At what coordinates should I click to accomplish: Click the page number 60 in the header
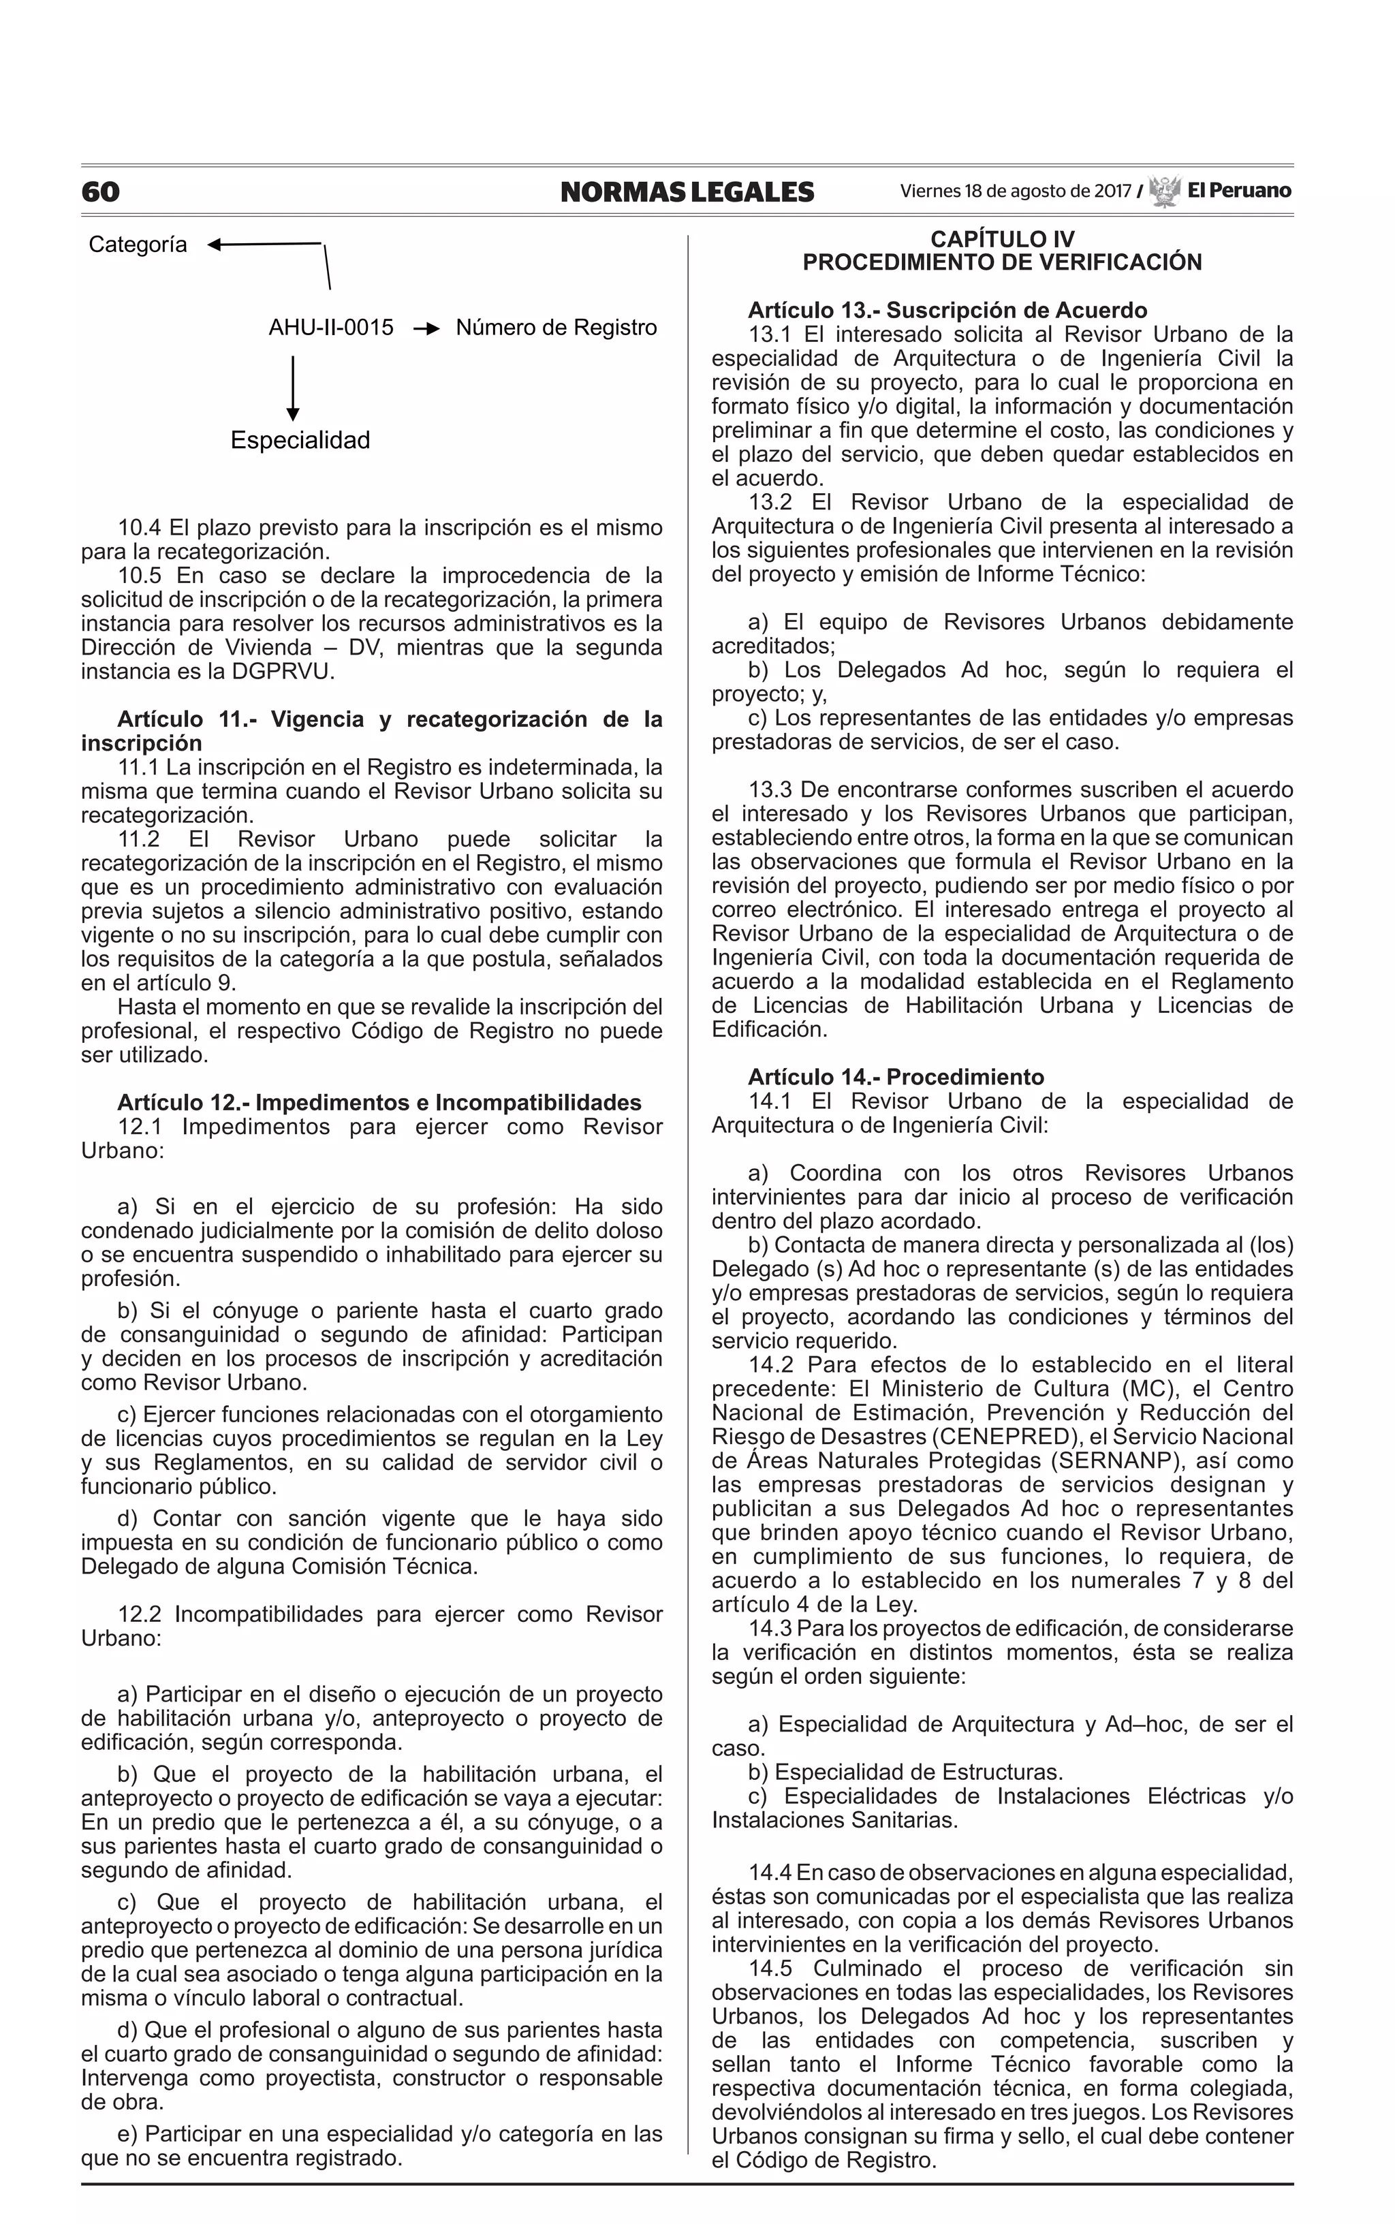[x=101, y=192]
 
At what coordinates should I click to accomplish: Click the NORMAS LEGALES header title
[x=687, y=192]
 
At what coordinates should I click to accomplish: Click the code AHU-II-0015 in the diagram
[x=330, y=328]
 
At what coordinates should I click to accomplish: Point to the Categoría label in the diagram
[x=138, y=245]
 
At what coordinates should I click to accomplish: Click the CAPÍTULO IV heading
[x=1002, y=240]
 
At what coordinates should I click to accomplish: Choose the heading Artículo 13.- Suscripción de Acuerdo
[x=947, y=310]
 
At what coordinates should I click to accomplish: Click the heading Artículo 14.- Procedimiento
[x=896, y=1078]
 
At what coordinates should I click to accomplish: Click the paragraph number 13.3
[x=770, y=791]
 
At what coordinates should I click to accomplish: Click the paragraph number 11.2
[x=140, y=839]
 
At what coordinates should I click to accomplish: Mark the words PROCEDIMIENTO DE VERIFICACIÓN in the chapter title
[x=1002, y=263]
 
